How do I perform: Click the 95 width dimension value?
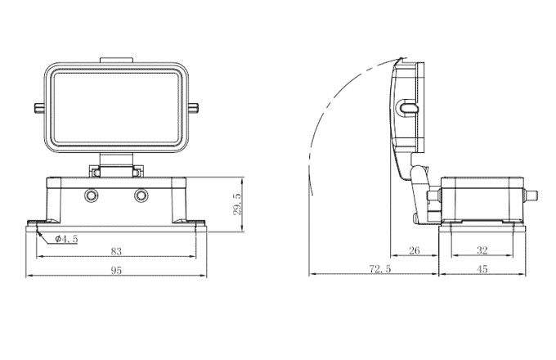coord(116,270)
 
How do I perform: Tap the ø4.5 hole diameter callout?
coord(66,240)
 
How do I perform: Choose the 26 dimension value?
coord(414,251)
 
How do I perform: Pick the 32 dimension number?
coord(481,251)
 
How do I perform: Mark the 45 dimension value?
coord(481,269)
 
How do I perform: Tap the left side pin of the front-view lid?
coord(38,108)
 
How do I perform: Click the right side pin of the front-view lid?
coord(196,108)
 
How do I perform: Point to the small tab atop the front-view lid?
coord(116,60)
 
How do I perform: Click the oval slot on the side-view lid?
coord(409,108)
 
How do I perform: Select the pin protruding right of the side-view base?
coord(532,196)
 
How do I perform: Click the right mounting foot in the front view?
coord(195,223)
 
